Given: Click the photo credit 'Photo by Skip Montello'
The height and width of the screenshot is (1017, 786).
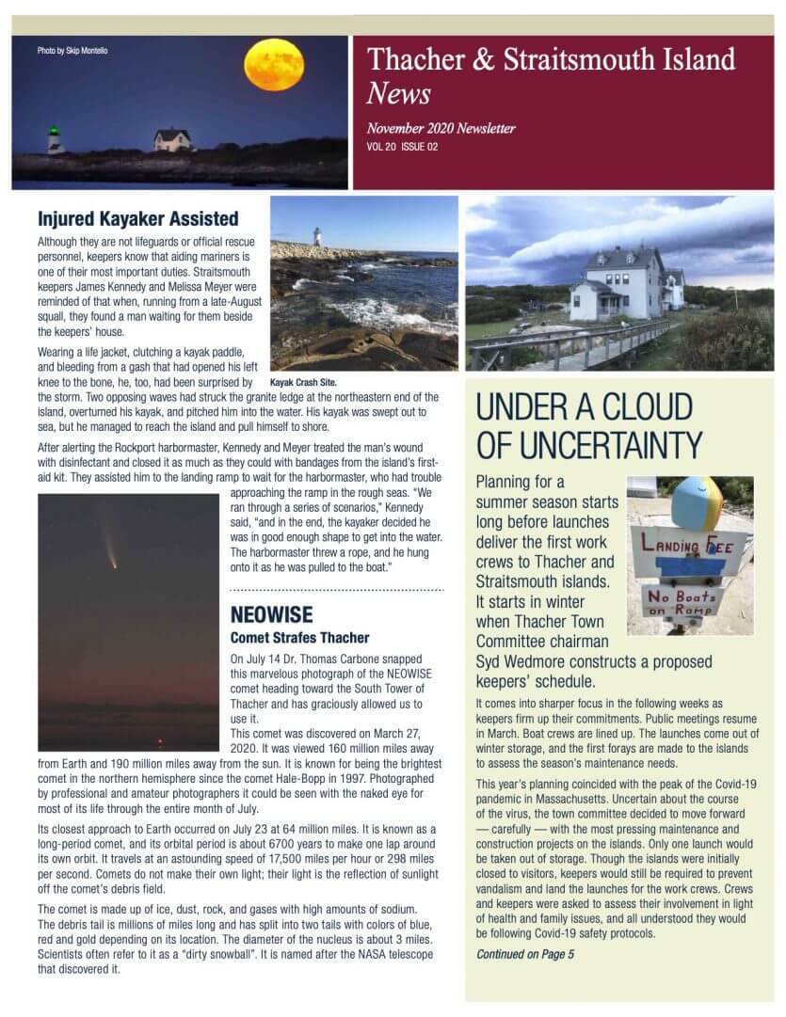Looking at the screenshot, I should click(x=72, y=51).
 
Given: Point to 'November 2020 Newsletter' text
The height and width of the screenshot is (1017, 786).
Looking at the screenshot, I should click(x=441, y=129).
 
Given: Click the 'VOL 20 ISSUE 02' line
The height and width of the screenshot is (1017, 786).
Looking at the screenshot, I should click(x=403, y=147).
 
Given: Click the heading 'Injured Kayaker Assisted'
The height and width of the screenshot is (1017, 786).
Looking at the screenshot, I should click(x=137, y=219).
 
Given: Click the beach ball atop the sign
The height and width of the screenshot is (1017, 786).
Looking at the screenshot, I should click(x=698, y=502).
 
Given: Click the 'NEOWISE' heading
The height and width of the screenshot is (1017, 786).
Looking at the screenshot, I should click(x=271, y=615).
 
